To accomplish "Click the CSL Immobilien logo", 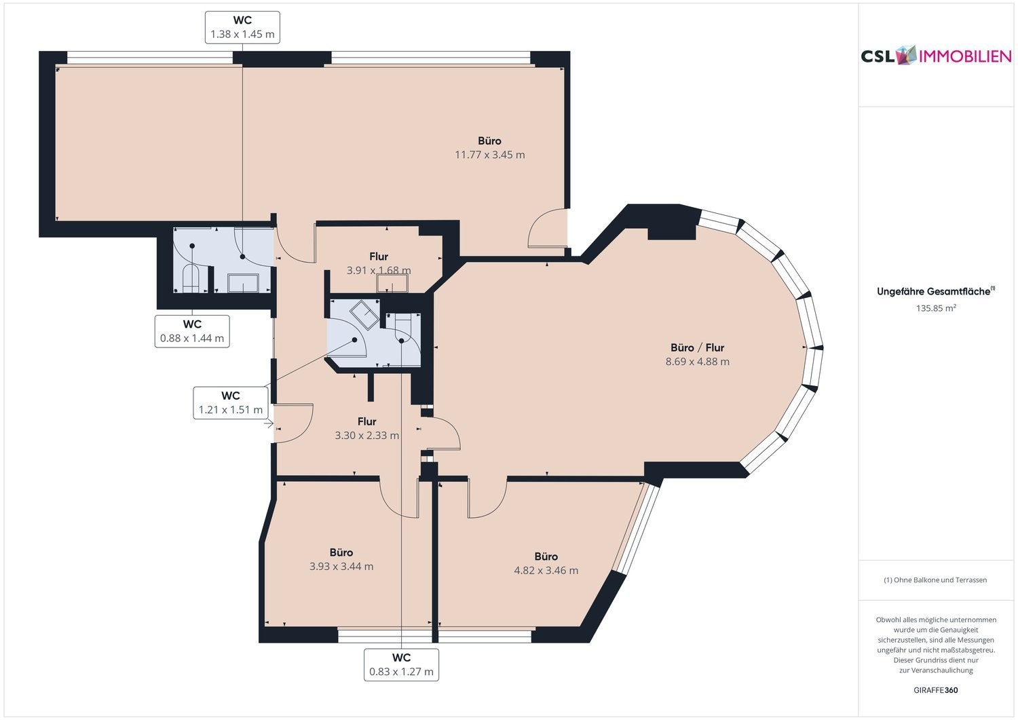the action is tap(936, 56).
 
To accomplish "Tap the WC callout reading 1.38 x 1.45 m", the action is tap(242, 27).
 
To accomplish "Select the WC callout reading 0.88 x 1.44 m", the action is tap(192, 331).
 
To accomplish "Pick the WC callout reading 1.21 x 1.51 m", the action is tap(231, 402).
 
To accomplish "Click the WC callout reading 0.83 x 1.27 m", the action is tap(401, 664).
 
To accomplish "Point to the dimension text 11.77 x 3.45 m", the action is tap(490, 155).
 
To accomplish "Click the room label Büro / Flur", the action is tap(697, 347).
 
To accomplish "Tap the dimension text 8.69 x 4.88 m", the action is tap(697, 362).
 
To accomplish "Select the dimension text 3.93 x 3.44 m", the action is tap(341, 567).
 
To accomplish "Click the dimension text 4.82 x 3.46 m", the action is tap(546, 571).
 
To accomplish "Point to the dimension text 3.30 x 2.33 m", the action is tap(366, 436).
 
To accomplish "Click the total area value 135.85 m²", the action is tap(936, 308).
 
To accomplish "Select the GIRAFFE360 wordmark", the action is tap(936, 690).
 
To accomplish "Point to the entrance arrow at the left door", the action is tap(269, 424).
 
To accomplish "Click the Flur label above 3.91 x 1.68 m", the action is tap(379, 257).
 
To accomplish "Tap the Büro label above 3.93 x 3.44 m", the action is tap(341, 552).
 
